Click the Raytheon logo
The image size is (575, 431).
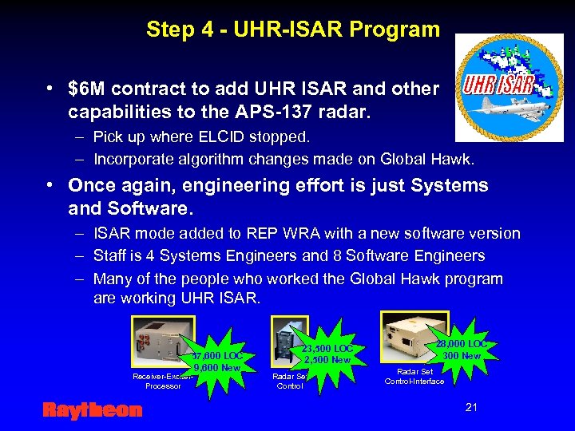(92, 410)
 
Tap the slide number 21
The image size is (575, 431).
(471, 408)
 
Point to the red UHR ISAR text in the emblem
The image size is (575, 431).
(498, 82)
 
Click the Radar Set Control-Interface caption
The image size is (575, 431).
(414, 376)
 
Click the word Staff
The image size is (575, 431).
(110, 256)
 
